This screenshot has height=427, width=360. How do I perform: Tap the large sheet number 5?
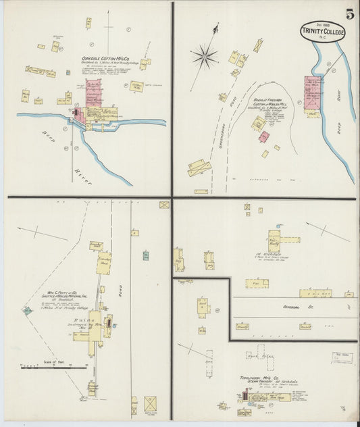pos(350,13)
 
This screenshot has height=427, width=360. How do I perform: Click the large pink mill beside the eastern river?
pos(312,93)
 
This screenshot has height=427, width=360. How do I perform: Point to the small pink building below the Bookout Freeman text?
pos(263,137)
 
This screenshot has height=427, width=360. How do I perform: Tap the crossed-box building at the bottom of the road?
pos(151,404)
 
